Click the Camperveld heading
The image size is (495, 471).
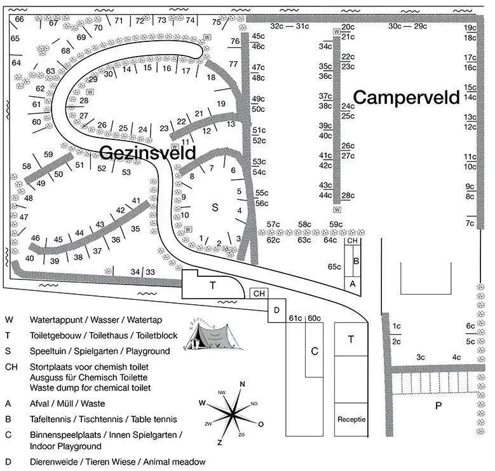pos(406,97)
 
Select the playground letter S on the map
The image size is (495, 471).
pos(215,207)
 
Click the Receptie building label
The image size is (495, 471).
pos(351,419)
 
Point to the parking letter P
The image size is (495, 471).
pos(438,405)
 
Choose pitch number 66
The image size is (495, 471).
pos(19,19)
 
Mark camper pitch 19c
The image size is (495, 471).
pos(470,27)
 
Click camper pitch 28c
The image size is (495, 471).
pos(348,195)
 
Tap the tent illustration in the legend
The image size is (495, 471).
pos(214,335)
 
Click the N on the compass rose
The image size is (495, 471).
pos(243,384)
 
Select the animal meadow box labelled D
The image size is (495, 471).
pos(277,311)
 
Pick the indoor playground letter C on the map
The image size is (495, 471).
pos(315,351)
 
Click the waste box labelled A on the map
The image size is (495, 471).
pos(352,284)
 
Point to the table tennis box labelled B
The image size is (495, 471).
pos(356,261)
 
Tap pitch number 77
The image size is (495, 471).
pos(233,64)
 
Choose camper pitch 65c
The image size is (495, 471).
pos(334,267)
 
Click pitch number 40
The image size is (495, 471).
pos(29,258)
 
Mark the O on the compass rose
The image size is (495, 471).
pos(261,424)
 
